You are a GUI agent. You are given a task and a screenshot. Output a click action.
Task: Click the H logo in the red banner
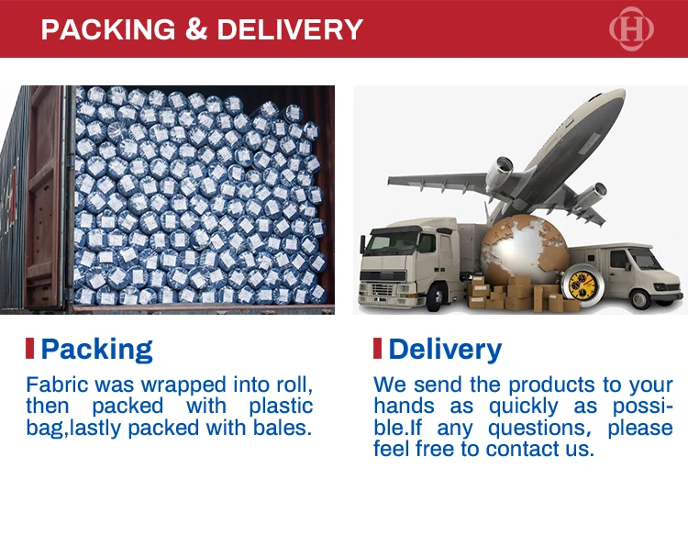[x=631, y=29]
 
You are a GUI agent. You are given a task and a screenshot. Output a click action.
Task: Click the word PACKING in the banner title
[x=108, y=29]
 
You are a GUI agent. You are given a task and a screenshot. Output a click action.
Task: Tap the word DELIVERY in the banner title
[x=290, y=29]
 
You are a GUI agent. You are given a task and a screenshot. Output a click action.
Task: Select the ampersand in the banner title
[x=196, y=29]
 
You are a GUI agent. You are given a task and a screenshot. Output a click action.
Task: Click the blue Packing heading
[x=96, y=350]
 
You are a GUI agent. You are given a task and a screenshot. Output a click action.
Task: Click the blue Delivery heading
[x=445, y=350]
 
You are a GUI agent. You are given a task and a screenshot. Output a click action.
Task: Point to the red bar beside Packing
[x=30, y=348]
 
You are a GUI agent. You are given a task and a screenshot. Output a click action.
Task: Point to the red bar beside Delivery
[x=377, y=348]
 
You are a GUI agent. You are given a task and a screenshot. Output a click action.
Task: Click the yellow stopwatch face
[x=583, y=285]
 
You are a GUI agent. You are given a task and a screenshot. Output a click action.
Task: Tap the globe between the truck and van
[x=525, y=249]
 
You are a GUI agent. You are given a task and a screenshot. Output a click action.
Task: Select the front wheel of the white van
[x=639, y=299]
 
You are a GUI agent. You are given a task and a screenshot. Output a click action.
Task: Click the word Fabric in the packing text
[x=58, y=384]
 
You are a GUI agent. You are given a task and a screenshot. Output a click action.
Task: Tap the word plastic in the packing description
[x=281, y=407]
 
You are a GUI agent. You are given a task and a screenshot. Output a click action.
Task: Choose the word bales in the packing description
[x=283, y=428]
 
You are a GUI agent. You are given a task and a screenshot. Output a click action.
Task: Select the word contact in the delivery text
[x=523, y=449]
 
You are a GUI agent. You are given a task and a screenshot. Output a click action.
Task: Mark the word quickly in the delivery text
[x=524, y=407]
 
